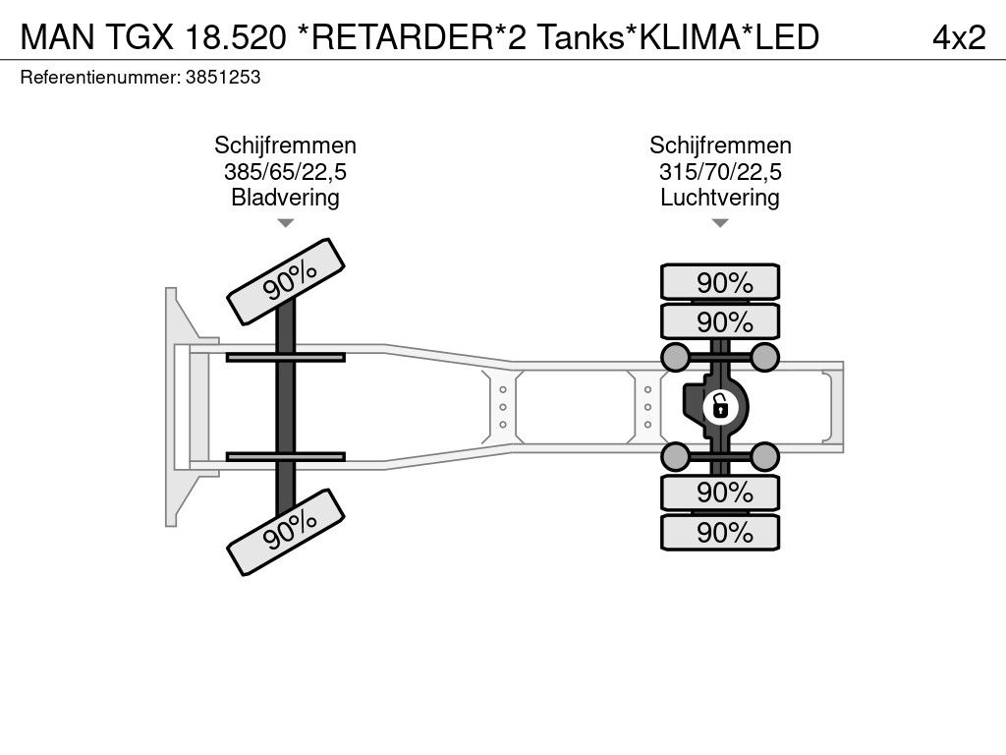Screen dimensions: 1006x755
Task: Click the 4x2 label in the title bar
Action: pos(959,38)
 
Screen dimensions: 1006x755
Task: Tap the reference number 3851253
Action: pos(223,78)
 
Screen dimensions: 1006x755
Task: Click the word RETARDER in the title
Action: pos(401,37)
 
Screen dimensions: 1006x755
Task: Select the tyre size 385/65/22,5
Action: pos(285,171)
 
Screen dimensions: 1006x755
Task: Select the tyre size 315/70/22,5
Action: pos(720,171)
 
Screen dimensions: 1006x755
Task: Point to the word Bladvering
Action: pos(285,197)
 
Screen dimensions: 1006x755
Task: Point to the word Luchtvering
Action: pos(720,197)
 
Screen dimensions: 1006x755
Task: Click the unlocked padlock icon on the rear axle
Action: pos(720,407)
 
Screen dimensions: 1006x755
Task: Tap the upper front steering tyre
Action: pos(286,282)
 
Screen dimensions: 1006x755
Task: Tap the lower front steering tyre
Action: pos(286,532)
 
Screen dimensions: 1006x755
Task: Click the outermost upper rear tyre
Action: pos(720,281)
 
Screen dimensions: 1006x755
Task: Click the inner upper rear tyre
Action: pos(720,321)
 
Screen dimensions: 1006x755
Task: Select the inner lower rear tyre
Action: pos(720,494)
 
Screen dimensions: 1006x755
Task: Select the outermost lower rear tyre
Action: pos(720,532)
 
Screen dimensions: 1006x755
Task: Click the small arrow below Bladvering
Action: pos(285,223)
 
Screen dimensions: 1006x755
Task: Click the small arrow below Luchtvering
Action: pos(720,223)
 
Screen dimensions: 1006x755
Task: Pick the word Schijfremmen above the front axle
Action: pos(285,145)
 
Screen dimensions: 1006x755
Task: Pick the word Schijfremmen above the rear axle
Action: pos(720,145)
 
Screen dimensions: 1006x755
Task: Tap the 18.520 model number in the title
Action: pos(235,37)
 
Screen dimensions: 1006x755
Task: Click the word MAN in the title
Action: pos(58,37)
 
